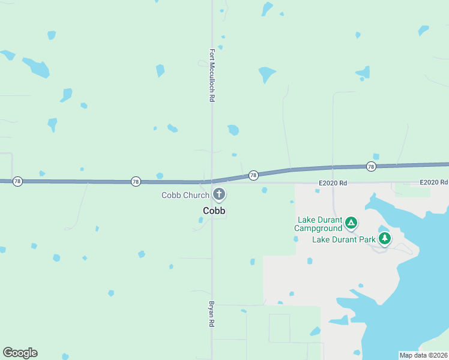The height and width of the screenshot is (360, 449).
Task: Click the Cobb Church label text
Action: [x=185, y=195]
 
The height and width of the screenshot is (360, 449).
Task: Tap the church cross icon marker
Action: [x=219, y=194]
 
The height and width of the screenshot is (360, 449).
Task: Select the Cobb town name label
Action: [x=214, y=211]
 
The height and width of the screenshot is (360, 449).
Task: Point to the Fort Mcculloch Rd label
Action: [x=212, y=75]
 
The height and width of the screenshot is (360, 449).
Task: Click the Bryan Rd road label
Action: [x=211, y=314]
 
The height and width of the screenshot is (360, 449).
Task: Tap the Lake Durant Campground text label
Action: [x=318, y=224]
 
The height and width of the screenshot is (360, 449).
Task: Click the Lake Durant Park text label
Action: [x=344, y=239]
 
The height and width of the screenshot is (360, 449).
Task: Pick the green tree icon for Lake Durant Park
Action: [x=384, y=238]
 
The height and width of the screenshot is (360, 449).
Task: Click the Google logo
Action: [x=20, y=353]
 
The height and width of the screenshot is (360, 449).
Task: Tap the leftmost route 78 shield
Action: [x=18, y=181]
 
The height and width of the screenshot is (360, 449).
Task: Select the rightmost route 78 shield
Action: [x=371, y=166]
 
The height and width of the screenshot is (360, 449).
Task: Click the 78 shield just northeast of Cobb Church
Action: [x=253, y=175]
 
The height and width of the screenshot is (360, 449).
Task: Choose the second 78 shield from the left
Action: [x=136, y=181]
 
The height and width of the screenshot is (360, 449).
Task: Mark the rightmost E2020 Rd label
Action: [x=434, y=182]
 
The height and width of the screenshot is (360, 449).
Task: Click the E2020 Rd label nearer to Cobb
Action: [x=333, y=182]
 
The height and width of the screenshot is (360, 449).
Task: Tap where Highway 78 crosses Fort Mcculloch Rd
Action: [x=212, y=181]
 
